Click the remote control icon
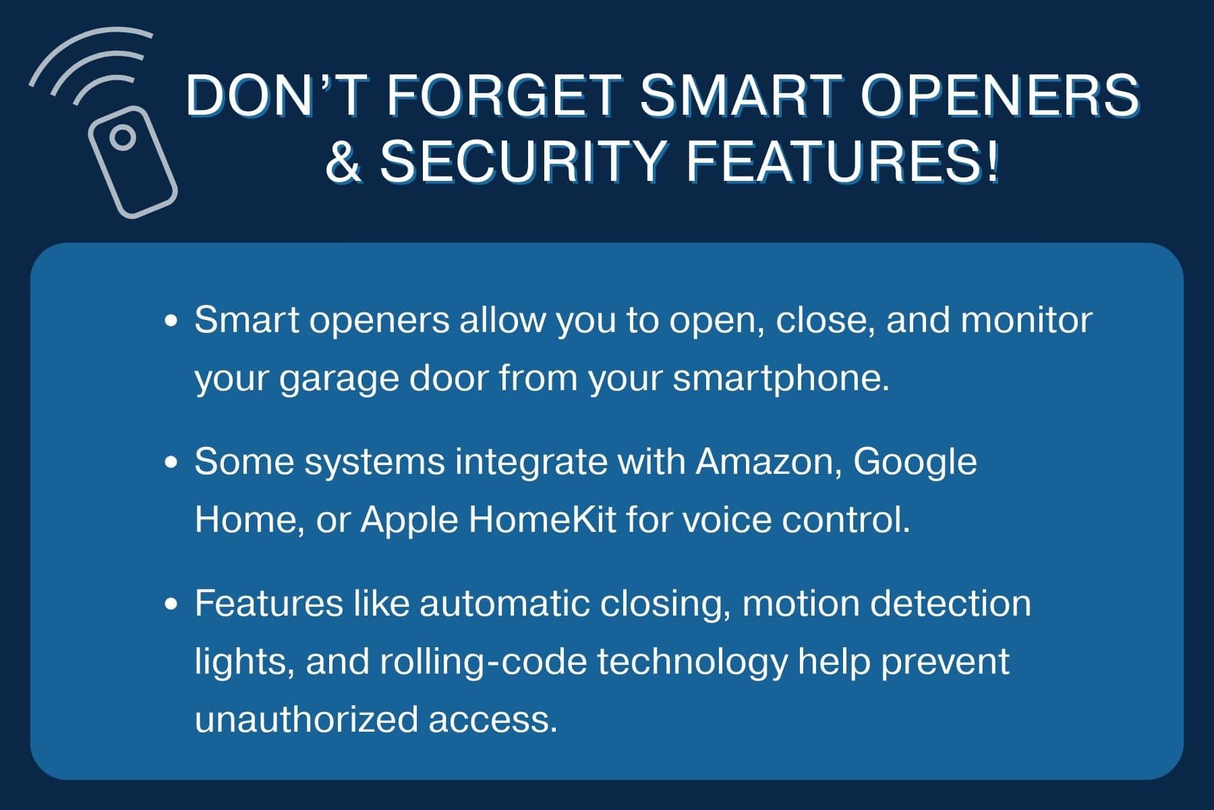tap(133, 161)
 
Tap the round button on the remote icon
tap(123, 138)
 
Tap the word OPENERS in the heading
tap(1001, 95)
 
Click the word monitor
tap(1027, 321)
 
